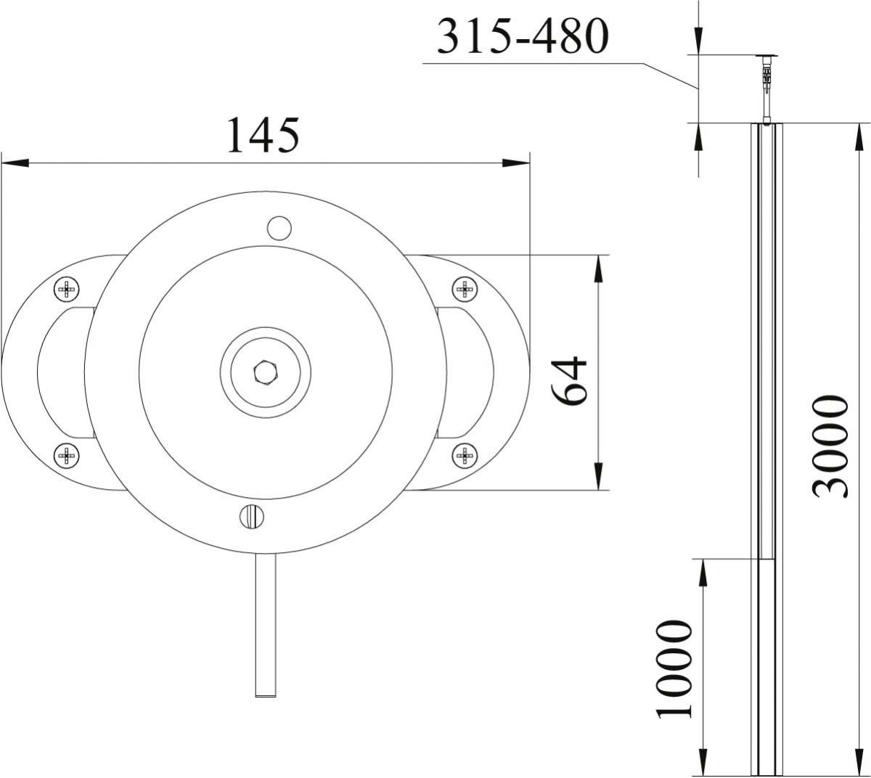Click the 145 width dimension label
[x=263, y=136]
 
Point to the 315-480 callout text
[x=520, y=37]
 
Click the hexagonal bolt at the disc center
[x=266, y=373]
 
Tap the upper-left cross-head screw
[x=67, y=290]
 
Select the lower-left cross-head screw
[x=67, y=456]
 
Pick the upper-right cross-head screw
[x=465, y=290]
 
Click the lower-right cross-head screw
[x=465, y=456]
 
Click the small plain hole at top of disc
[x=278, y=228]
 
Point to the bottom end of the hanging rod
[x=266, y=692]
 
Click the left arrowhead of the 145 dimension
[x=15, y=163]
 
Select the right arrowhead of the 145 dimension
[x=517, y=163]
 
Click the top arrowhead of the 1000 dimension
[x=702, y=572]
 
